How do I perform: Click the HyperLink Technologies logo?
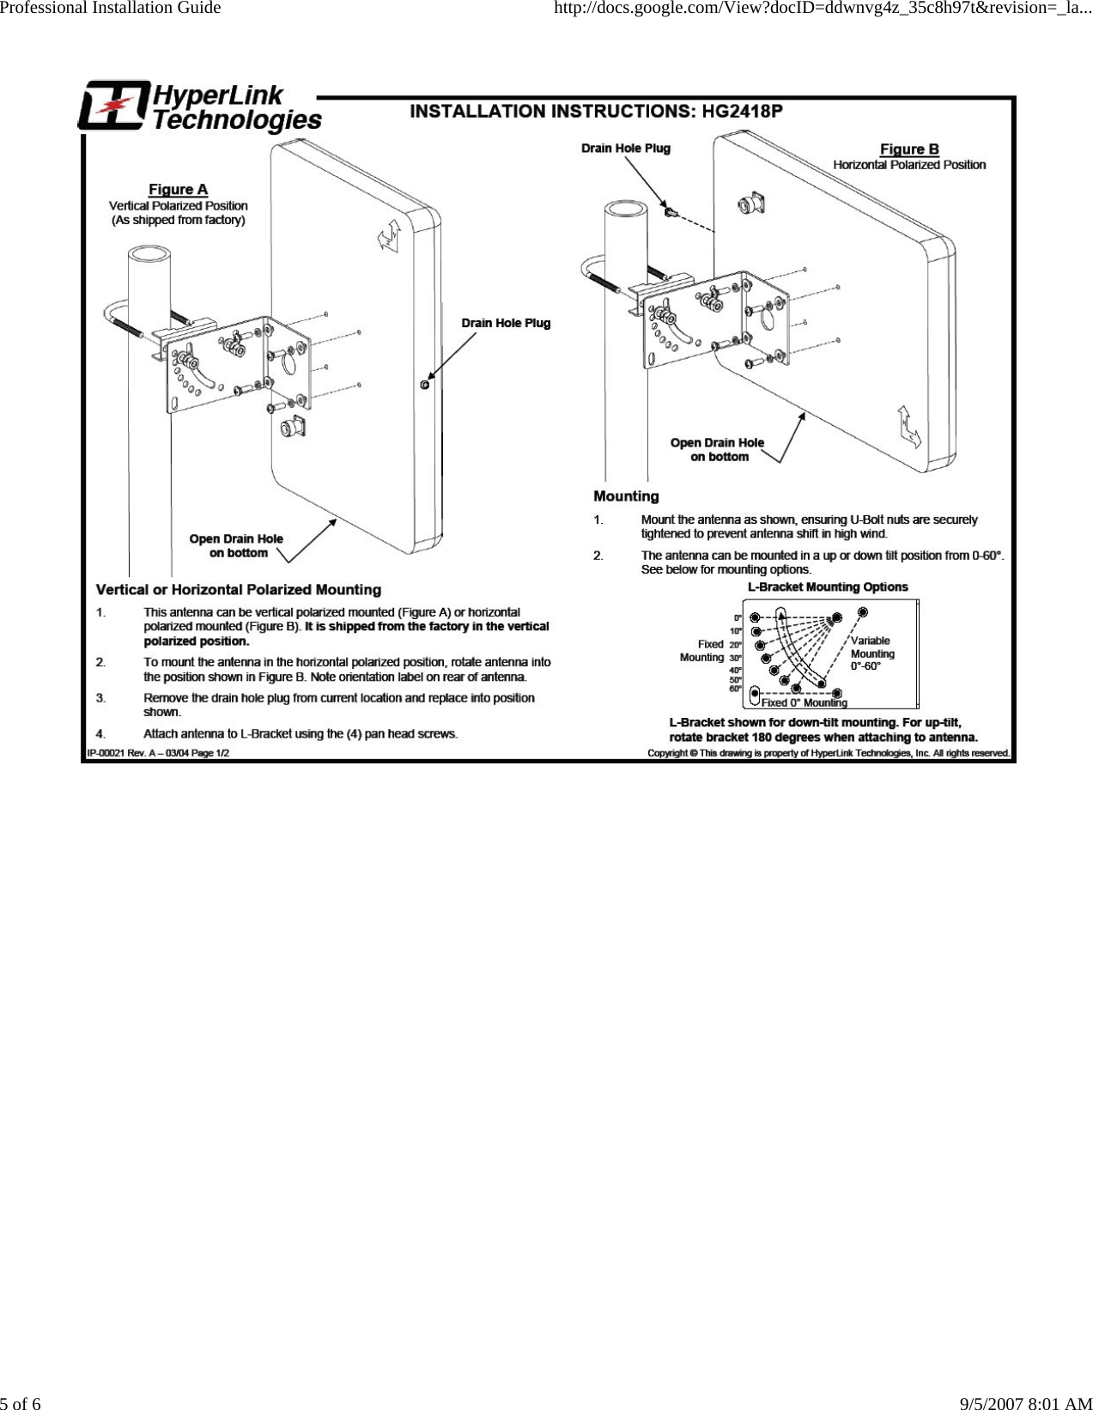(x=199, y=107)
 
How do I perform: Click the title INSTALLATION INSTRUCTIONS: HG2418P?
(x=596, y=111)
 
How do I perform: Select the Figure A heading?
(x=178, y=189)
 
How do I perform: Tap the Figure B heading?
(x=908, y=149)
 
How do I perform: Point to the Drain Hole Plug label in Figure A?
(x=506, y=323)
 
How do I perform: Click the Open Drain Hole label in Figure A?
(x=236, y=545)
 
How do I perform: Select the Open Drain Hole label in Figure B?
(x=717, y=449)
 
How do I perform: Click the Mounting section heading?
(x=626, y=496)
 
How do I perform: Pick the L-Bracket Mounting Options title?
(x=828, y=587)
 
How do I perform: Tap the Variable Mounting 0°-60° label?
(x=871, y=653)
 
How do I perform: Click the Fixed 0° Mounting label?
(x=804, y=702)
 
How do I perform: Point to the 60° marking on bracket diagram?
(x=736, y=688)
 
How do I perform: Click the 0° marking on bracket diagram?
(x=738, y=617)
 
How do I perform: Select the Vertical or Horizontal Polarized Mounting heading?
(x=239, y=590)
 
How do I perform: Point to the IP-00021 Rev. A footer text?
(x=158, y=753)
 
